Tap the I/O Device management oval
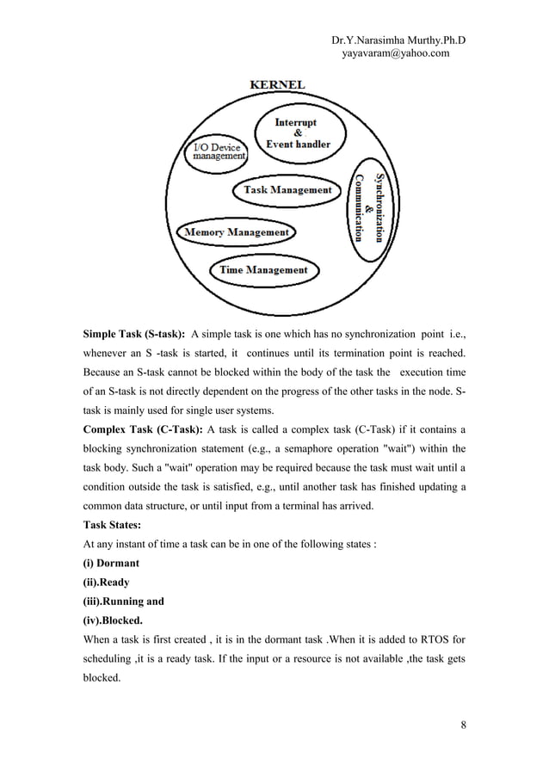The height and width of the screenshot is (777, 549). pos(219,151)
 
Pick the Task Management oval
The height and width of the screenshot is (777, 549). pos(287,190)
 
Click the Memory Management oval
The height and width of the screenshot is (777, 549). pos(234,232)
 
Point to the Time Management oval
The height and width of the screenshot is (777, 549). pos(262,270)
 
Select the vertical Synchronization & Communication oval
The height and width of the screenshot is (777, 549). pos(369,200)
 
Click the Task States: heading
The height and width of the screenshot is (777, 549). pos(114,524)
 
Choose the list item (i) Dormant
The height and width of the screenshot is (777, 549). pos(111,563)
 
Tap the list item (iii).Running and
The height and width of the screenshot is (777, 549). pos(123,601)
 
